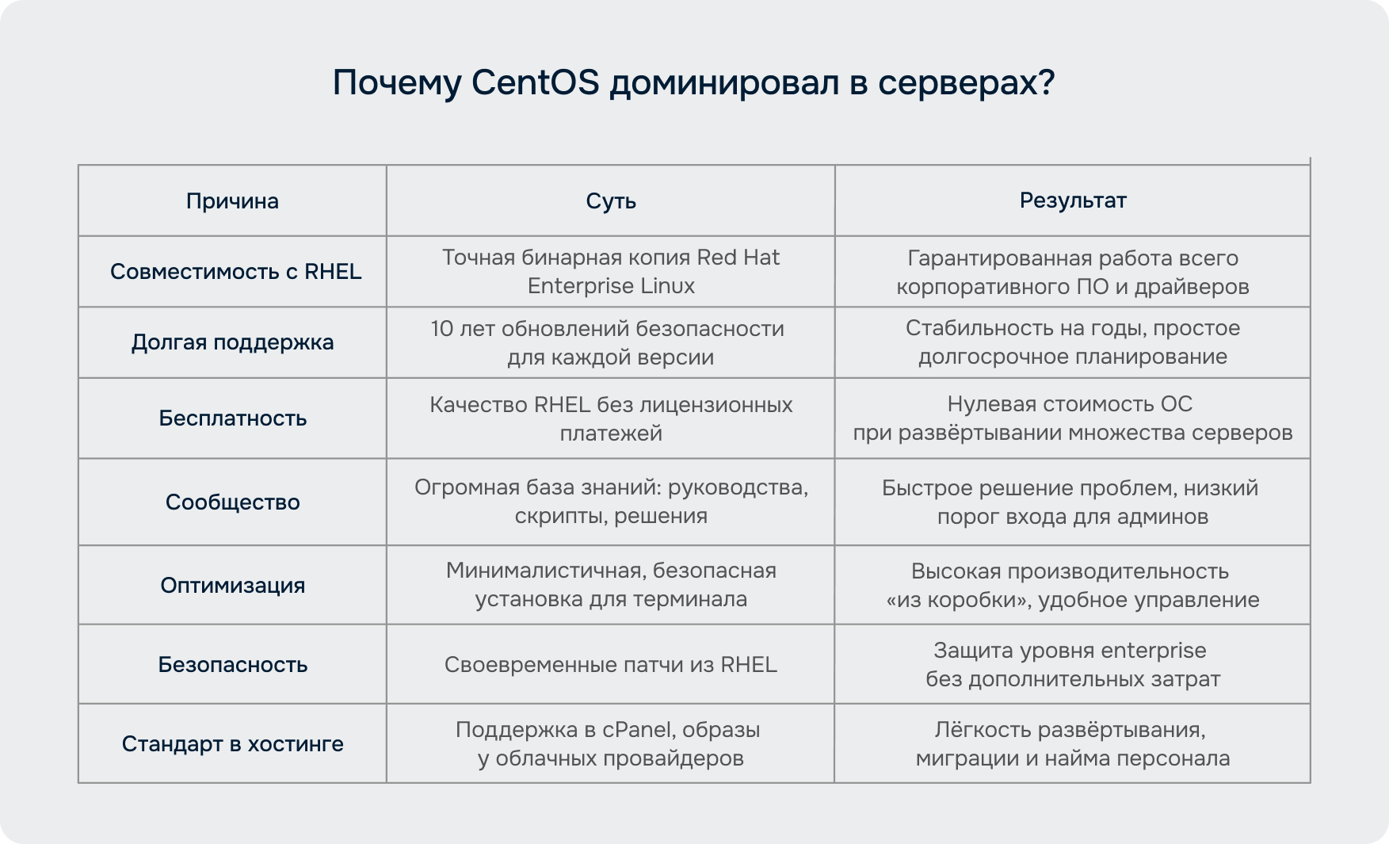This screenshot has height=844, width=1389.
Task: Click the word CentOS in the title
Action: [x=536, y=82]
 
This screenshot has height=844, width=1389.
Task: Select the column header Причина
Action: [x=232, y=201]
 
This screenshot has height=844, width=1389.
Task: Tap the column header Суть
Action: [x=611, y=201]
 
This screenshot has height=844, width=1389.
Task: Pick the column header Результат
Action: [x=1073, y=200]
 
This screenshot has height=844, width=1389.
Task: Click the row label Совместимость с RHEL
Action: [x=235, y=271]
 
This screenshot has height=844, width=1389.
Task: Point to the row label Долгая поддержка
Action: [x=232, y=342]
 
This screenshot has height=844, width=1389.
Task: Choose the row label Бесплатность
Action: [x=232, y=418]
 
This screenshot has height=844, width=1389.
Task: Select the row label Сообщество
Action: [x=232, y=502]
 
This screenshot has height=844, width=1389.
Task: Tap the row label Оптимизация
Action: [x=232, y=585]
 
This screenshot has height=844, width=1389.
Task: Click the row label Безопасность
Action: [x=232, y=664]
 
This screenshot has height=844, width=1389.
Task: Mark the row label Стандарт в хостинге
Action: [x=232, y=743]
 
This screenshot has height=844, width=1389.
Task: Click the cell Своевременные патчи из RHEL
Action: [x=611, y=664]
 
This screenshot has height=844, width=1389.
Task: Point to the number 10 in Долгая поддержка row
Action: [x=441, y=329]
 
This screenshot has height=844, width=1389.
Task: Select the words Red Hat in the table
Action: [x=738, y=258]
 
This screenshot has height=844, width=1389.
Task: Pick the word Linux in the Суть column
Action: [x=668, y=286]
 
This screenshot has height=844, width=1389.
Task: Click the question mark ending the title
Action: [x=1047, y=82]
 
